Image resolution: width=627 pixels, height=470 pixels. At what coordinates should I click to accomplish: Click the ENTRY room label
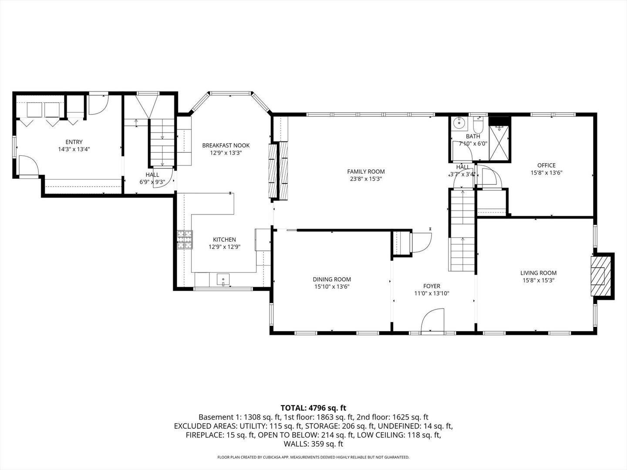(74, 142)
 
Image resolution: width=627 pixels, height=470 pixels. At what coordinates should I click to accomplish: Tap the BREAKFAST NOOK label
(226, 145)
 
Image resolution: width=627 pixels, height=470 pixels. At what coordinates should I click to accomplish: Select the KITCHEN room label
(224, 239)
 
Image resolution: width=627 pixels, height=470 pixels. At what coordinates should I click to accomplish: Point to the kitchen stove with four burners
(185, 240)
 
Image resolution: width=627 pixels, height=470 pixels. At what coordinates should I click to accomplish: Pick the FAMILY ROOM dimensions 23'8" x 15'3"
(366, 178)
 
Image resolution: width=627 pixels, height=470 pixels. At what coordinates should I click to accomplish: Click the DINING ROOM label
(332, 279)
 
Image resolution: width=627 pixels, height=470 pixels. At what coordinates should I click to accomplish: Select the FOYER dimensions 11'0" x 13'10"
(431, 293)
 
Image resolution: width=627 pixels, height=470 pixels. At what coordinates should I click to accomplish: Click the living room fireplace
(601, 276)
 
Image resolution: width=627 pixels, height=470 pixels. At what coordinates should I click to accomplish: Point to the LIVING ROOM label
(538, 273)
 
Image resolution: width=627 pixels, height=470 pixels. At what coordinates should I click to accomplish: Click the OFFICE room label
(546, 165)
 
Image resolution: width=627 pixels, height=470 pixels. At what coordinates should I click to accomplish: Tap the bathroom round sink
(458, 124)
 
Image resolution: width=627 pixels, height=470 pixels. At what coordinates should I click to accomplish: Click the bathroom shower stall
(499, 139)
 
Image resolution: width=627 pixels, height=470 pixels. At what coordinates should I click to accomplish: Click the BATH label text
(473, 136)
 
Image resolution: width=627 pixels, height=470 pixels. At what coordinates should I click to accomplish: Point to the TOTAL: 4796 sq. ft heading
(313, 408)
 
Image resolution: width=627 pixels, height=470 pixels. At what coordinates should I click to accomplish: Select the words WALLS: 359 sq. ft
(313, 444)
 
